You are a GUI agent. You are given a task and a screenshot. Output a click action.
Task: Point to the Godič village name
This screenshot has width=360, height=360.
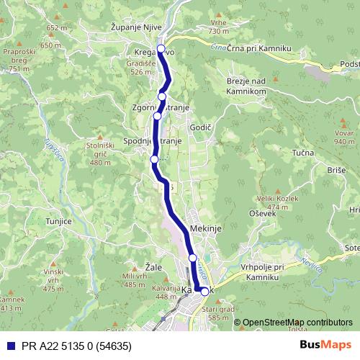(200, 127)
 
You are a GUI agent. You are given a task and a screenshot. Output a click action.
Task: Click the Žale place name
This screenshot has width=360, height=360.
(153, 266)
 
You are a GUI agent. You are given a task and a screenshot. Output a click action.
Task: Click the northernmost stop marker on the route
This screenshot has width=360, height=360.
(161, 49)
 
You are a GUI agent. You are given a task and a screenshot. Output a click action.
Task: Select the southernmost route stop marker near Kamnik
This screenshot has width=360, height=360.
(204, 292)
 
